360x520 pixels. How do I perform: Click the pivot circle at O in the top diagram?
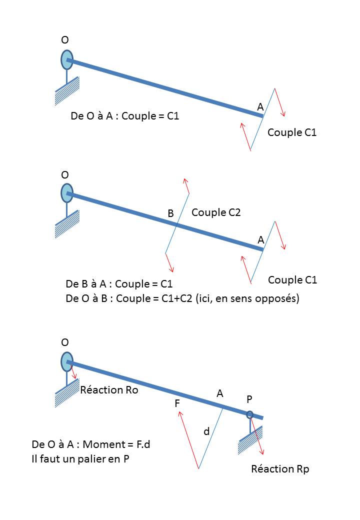[67, 59]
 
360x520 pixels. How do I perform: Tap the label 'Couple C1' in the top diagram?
[292, 132]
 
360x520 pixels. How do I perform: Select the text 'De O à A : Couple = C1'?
[125, 116]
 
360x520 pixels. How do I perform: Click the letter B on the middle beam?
[170, 213]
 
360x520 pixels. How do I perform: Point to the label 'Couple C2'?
[216, 212]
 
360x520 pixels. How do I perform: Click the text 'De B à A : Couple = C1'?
[119, 284]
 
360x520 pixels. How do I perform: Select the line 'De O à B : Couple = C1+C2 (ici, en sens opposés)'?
[182, 299]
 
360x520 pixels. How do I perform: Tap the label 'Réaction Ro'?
[109, 390]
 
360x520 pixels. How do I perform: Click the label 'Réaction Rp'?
[280, 469]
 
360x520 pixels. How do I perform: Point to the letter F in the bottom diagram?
[177, 403]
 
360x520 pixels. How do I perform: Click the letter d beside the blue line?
[206, 431]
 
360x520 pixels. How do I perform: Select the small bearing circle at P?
[249, 414]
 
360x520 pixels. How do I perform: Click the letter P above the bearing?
[249, 399]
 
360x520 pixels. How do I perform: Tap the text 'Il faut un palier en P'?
[80, 459]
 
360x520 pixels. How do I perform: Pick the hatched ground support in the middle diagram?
[67, 229]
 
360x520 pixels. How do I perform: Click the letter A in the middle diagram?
[260, 240]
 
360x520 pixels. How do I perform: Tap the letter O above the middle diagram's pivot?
[65, 174]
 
